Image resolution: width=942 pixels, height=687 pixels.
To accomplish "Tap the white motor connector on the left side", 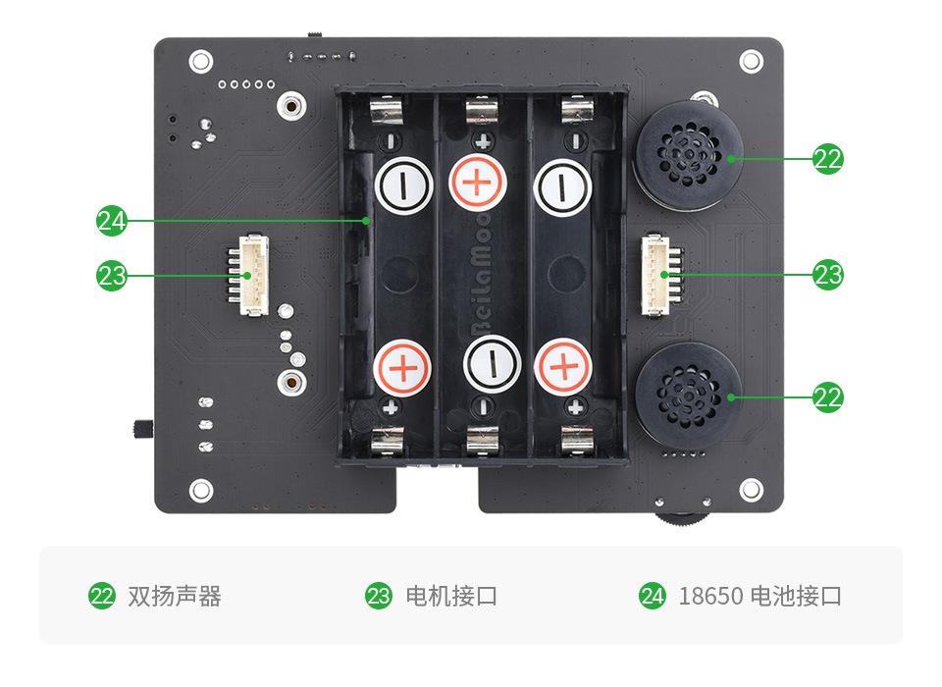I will tap(253, 277).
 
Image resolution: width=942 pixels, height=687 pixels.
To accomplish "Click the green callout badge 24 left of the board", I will tap(112, 221).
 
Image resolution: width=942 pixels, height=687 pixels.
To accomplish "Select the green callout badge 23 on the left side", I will tap(112, 276).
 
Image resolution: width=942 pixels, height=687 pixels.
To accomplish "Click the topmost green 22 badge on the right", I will tap(828, 158).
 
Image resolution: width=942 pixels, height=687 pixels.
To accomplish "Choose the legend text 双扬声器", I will tap(174, 596).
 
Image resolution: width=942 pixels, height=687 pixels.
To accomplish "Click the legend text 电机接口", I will tap(450, 596).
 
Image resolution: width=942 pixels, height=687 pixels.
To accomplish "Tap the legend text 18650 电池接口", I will tap(759, 596).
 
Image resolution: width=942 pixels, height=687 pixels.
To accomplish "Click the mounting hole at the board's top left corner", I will tap(200, 61).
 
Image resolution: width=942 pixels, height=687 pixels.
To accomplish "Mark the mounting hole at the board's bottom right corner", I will tap(751, 488).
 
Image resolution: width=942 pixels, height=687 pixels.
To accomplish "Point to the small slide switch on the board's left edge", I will tap(139, 429).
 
